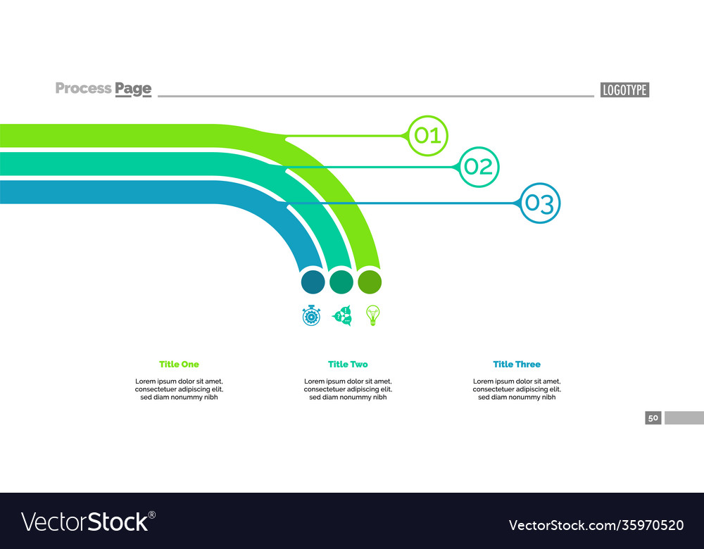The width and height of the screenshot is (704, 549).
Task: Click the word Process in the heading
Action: click(83, 88)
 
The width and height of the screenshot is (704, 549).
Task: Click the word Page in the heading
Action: click(133, 89)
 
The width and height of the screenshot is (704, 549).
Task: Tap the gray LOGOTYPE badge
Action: click(624, 89)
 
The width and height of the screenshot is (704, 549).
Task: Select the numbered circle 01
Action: click(427, 134)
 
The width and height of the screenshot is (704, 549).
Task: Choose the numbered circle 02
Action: click(479, 167)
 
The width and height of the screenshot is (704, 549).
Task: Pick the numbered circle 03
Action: click(540, 203)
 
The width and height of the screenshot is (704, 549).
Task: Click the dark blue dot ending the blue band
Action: click(313, 282)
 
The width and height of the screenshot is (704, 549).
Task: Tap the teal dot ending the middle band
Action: click(341, 282)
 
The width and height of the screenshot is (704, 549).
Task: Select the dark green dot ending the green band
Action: click(370, 282)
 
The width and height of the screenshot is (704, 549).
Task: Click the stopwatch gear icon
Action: click(311, 315)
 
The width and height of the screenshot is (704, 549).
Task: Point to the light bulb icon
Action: click(373, 315)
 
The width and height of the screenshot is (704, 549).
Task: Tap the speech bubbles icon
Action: click(342, 315)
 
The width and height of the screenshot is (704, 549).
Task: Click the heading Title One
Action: click(179, 364)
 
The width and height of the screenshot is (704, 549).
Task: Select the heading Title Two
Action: click(348, 364)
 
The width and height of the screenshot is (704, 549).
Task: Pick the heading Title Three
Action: click(517, 364)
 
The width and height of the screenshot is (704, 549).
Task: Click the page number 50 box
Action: click(653, 418)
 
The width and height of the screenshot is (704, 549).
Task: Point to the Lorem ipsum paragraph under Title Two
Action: click(348, 389)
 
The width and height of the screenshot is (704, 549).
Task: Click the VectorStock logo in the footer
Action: click(88, 522)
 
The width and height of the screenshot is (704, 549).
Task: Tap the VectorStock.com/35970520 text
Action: click(596, 525)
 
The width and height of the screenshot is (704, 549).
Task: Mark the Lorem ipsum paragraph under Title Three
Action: click(517, 389)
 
